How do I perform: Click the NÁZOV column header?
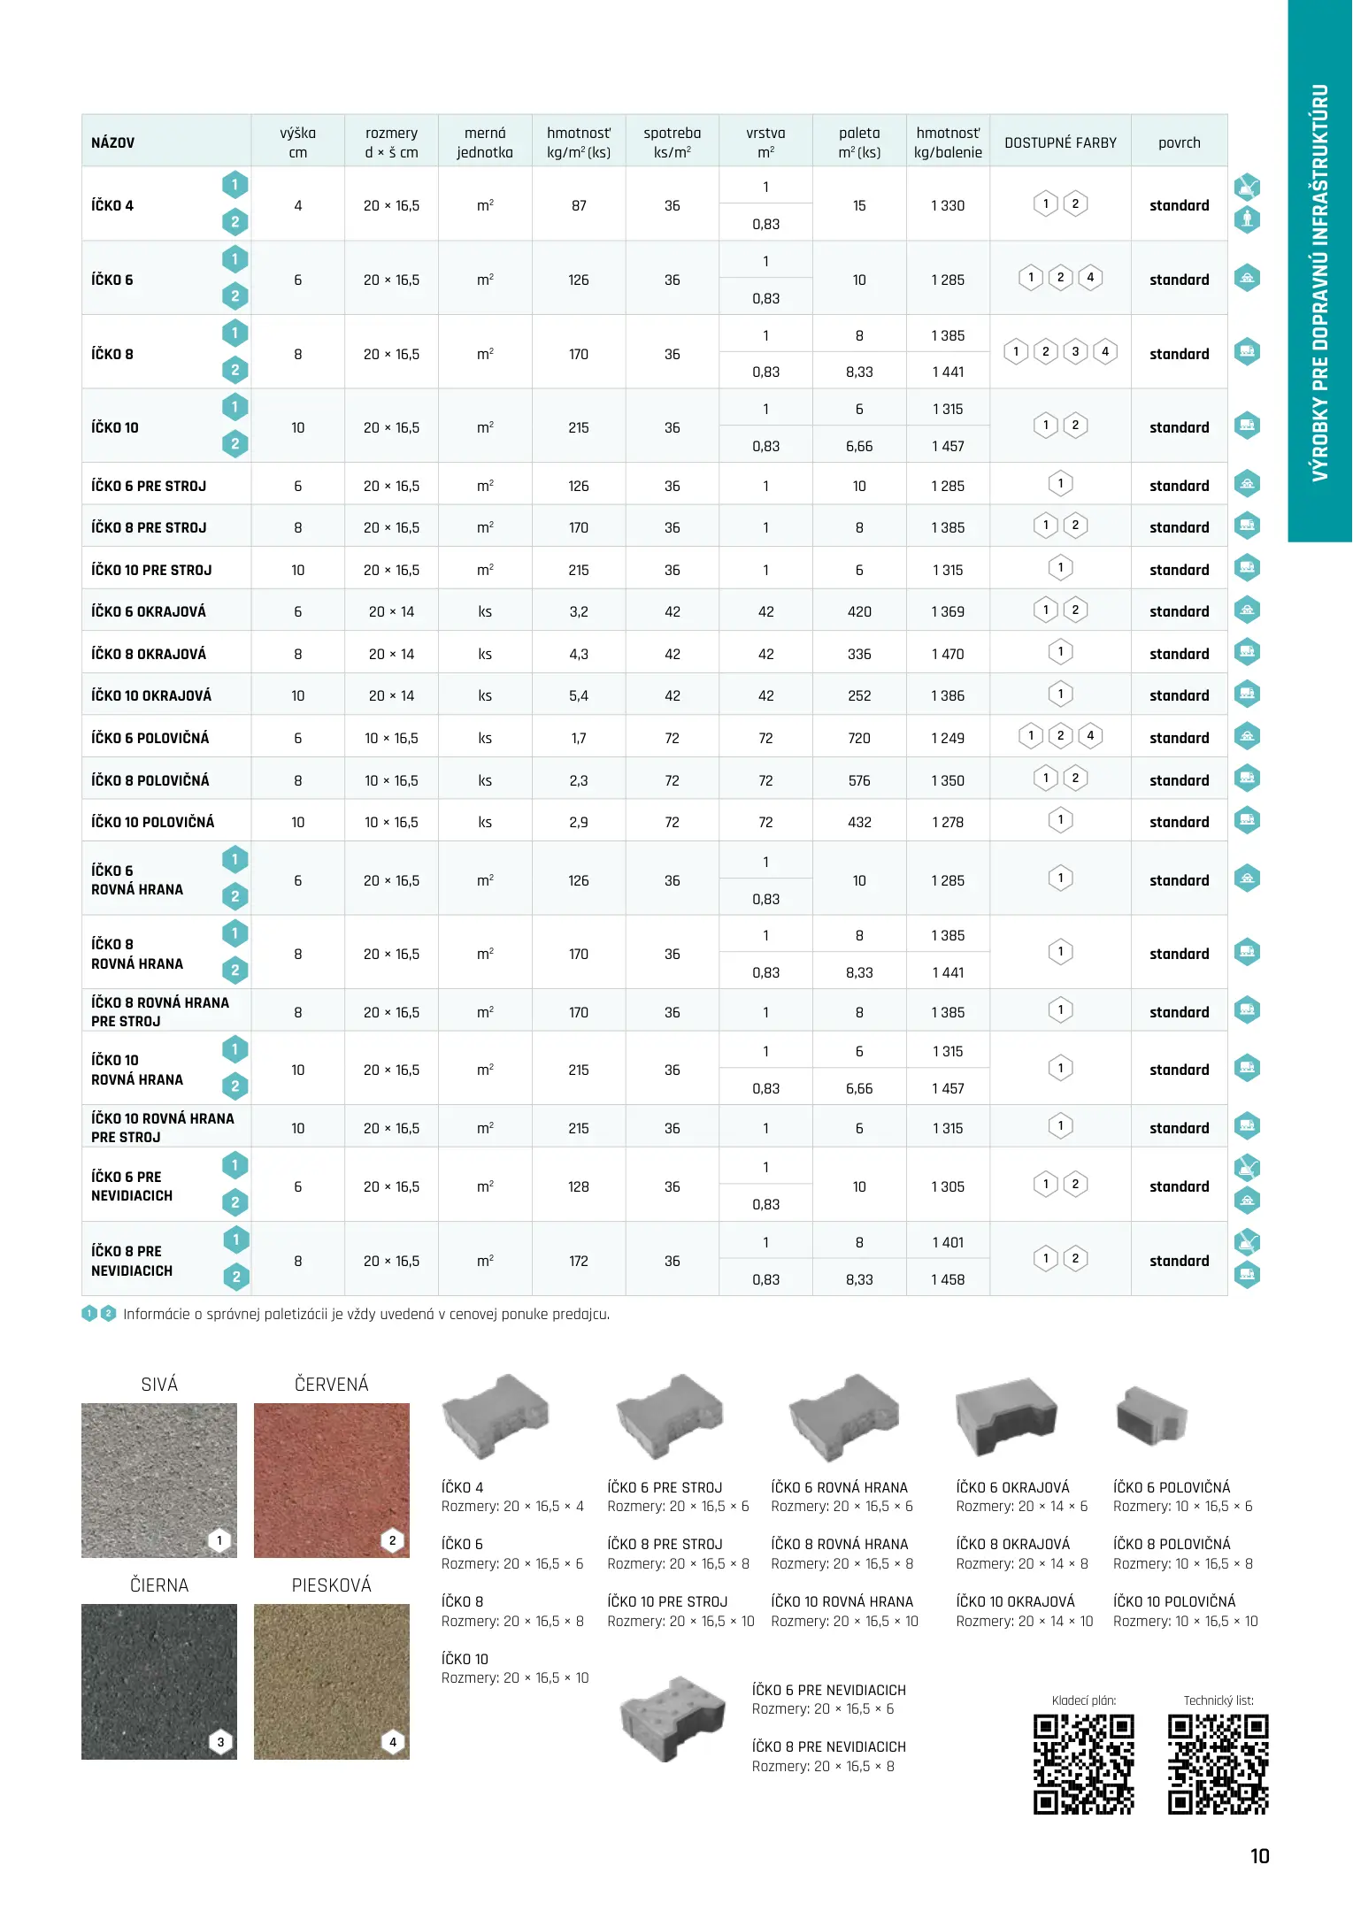click(113, 142)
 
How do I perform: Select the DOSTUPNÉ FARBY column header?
click(1060, 142)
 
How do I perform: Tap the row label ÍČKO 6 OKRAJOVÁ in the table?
click(149, 611)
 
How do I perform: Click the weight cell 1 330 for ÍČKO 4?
click(948, 205)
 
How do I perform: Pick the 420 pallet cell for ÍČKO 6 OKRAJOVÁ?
click(859, 611)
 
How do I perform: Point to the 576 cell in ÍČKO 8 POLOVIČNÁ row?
click(859, 780)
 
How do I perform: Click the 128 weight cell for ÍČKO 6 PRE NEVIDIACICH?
click(579, 1186)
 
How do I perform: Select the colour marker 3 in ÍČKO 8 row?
click(1075, 352)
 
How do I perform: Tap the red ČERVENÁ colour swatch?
click(332, 1479)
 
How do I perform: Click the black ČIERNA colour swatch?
click(159, 1681)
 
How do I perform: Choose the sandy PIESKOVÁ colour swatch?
click(332, 1681)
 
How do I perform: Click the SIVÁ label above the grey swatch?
click(159, 1385)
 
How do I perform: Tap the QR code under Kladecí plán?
click(1084, 1765)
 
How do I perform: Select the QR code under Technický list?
click(1218, 1765)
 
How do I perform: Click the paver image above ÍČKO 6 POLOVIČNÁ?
click(1150, 1416)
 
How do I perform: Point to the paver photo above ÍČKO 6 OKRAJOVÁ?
click(1006, 1416)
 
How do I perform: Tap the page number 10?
click(1260, 1856)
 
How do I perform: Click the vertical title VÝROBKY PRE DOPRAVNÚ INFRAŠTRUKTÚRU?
click(1320, 283)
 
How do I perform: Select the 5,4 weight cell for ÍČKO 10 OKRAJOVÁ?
click(579, 695)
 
